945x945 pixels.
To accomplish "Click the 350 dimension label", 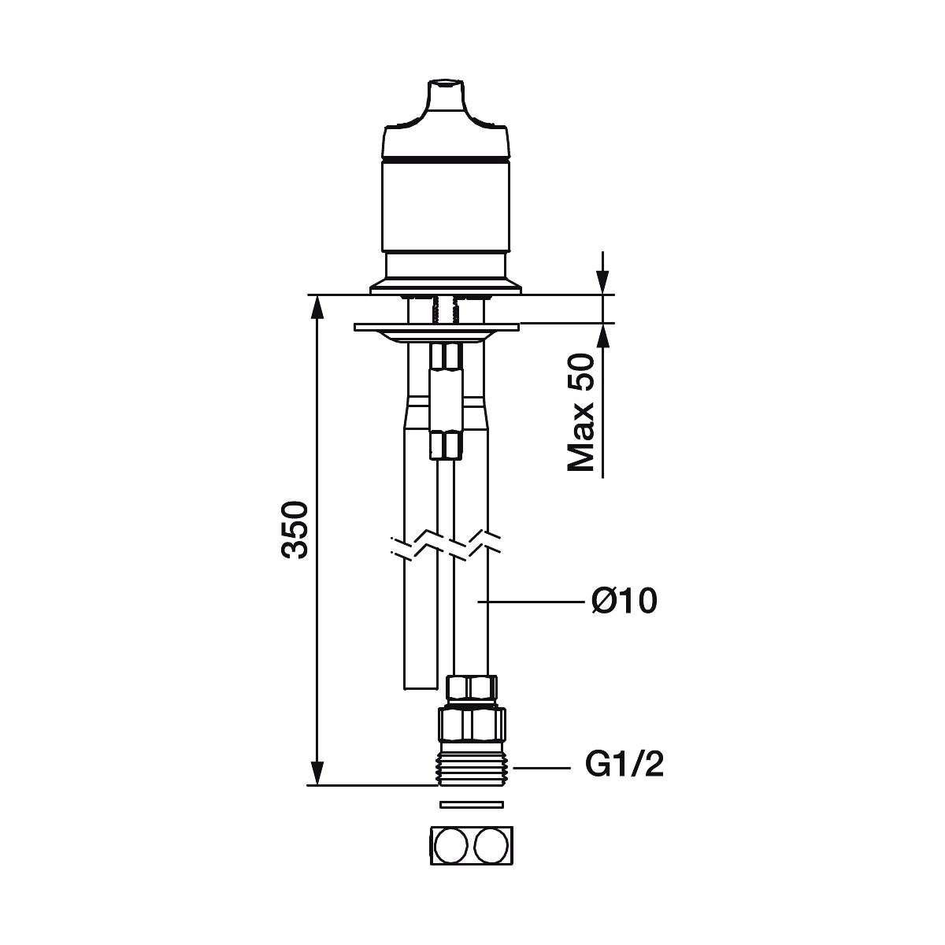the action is (295, 530).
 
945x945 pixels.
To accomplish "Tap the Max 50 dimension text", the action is (580, 413).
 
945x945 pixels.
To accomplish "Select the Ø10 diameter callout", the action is (624, 601).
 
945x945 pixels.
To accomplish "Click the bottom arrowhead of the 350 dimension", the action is (318, 773).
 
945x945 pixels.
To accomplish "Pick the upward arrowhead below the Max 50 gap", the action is (602, 335).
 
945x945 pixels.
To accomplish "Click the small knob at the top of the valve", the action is (446, 96).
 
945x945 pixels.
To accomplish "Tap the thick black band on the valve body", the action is (446, 159).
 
